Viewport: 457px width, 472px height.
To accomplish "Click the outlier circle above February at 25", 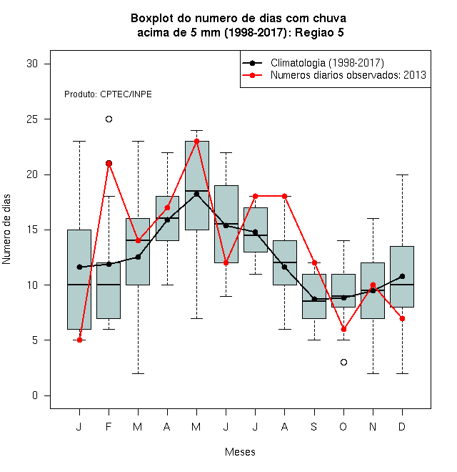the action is point(109,119).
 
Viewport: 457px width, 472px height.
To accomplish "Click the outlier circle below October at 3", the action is point(343,362).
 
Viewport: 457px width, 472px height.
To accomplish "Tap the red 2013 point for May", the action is point(196,141).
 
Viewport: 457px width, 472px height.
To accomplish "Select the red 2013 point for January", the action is point(80,340).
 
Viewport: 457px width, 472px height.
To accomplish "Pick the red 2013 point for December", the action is point(402,318).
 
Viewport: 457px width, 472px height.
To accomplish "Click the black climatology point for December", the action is point(402,276).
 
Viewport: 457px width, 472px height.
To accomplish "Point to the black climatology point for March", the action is point(139,257).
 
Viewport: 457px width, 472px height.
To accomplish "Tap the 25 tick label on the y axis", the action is point(32,119).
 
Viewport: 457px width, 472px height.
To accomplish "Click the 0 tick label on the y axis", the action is point(35,395).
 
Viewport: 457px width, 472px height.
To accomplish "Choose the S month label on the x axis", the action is point(314,426).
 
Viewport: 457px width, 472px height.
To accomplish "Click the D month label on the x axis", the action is point(402,426).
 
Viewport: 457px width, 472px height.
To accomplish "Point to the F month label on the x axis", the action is point(109,426).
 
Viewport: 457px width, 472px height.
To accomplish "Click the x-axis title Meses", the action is point(240,452).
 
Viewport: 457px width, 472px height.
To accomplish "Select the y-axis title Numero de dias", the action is point(6,230).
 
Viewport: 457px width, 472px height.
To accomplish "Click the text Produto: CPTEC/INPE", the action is point(108,94).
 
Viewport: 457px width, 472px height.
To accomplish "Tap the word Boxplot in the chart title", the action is point(152,19).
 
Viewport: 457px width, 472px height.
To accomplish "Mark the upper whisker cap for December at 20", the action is point(402,174).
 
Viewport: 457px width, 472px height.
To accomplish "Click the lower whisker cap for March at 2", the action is point(139,373).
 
